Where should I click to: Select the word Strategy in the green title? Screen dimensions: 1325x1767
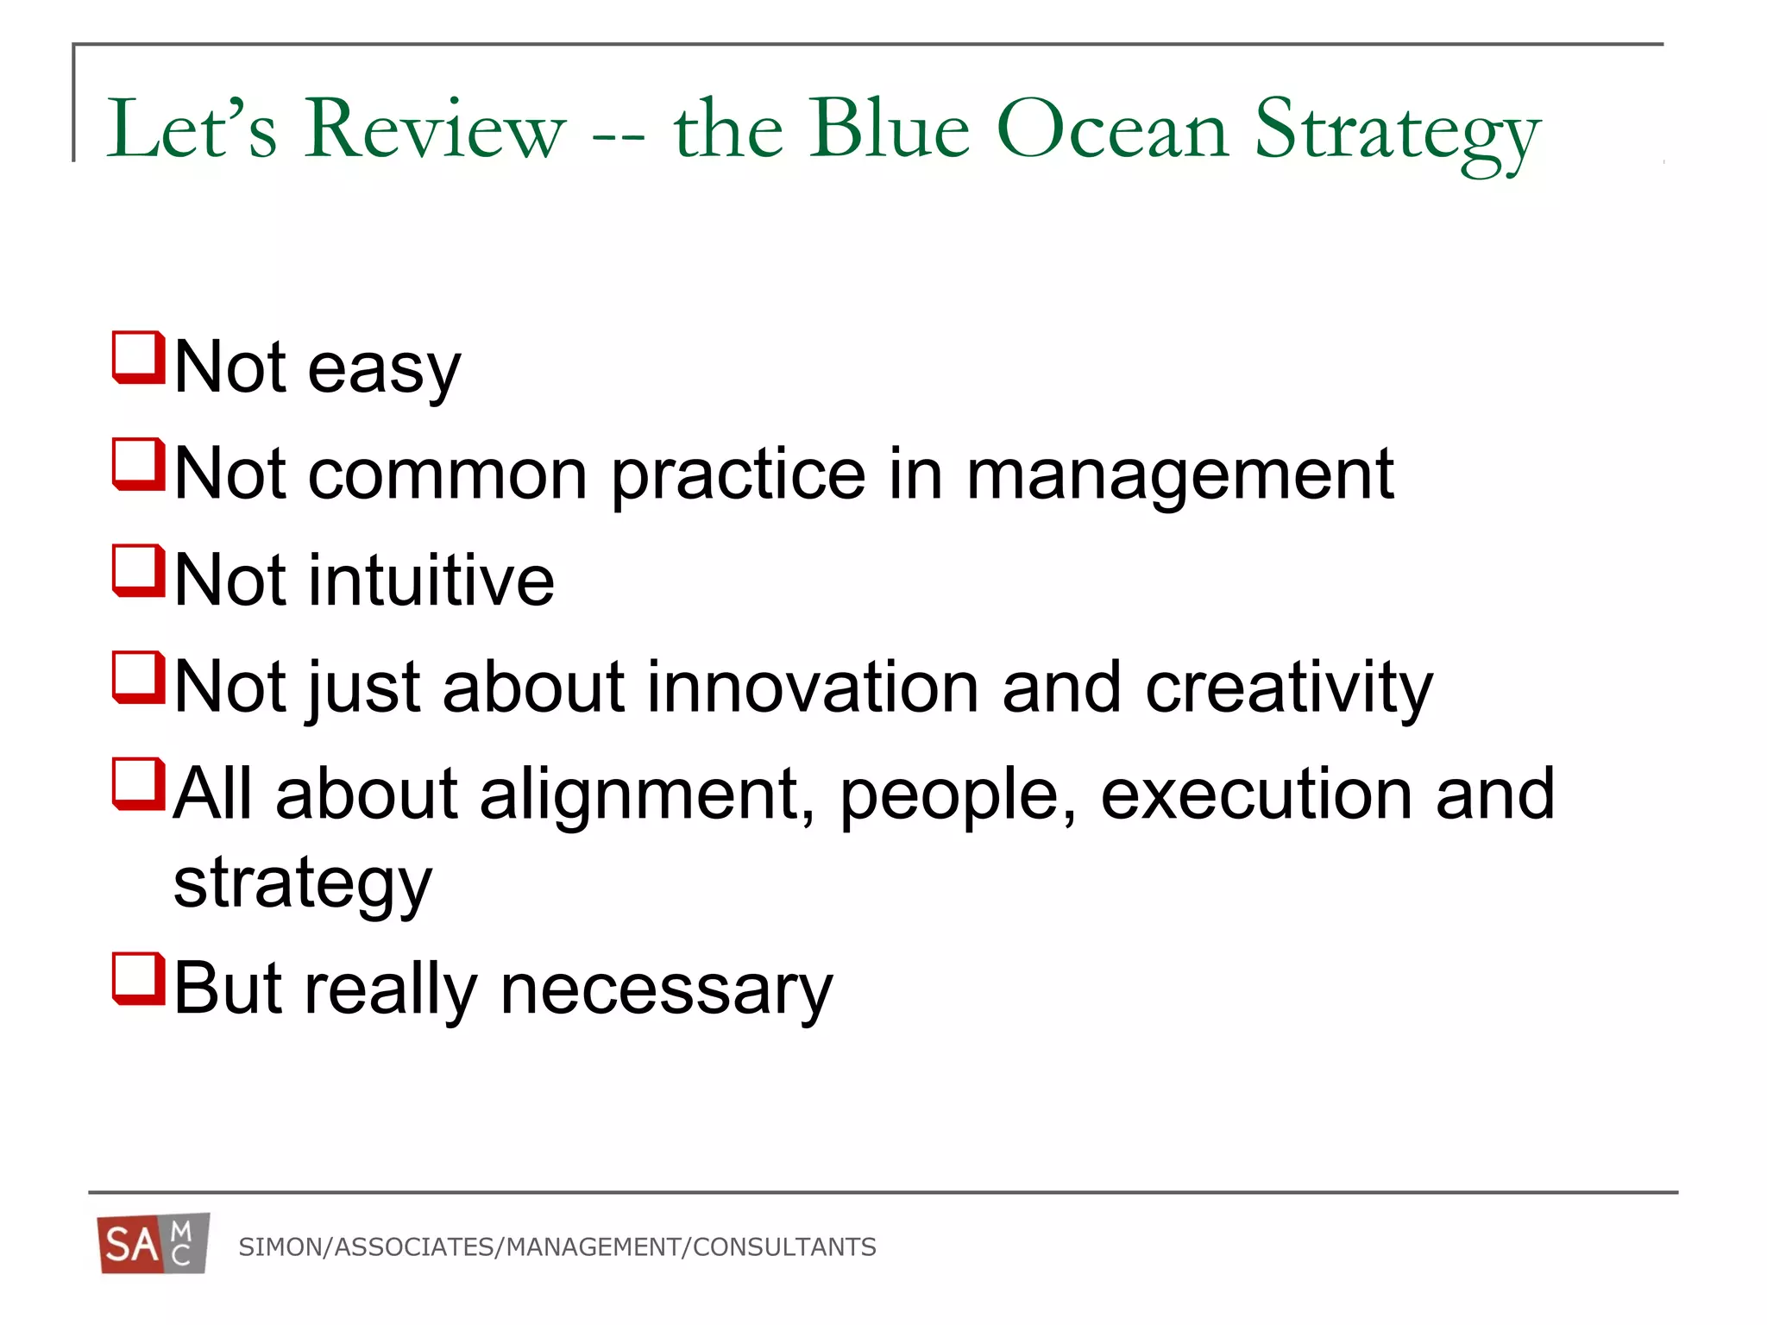click(x=1397, y=134)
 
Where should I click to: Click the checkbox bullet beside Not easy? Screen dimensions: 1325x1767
click(x=138, y=357)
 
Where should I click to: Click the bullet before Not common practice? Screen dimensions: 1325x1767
click(x=138, y=464)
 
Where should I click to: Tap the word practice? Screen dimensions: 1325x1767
click(x=738, y=477)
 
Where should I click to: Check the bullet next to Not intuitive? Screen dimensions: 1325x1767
click(x=138, y=570)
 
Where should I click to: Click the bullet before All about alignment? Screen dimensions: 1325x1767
click(x=138, y=784)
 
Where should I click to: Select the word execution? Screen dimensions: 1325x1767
click(x=1255, y=794)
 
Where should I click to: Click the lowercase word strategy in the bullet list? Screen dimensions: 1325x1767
click(x=302, y=886)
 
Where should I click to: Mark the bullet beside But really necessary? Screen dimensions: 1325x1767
click(x=138, y=978)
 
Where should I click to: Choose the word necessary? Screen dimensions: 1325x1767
click(x=666, y=990)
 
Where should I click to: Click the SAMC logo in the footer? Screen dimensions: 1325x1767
click(x=154, y=1243)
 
